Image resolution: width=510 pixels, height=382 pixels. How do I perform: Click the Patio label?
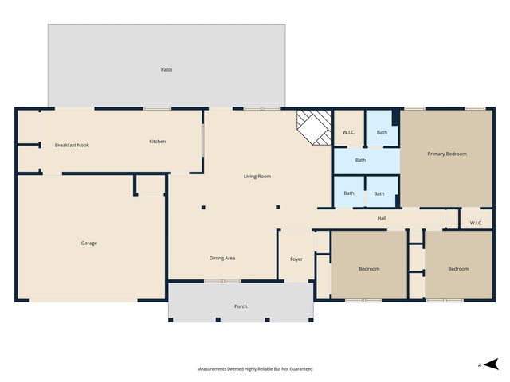click(x=166, y=70)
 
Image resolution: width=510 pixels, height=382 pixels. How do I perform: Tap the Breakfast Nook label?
click(x=71, y=145)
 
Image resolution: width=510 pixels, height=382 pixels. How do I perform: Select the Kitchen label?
click(x=158, y=142)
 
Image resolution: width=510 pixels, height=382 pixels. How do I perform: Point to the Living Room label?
click(x=257, y=176)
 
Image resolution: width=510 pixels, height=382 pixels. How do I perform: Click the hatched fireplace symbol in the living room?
click(x=314, y=127)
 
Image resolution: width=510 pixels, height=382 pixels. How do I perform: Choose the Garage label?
click(x=88, y=243)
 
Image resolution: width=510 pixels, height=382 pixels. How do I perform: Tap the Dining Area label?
click(x=222, y=258)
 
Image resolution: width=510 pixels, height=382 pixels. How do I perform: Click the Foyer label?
click(x=296, y=258)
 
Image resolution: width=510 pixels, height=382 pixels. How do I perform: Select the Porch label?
click(x=240, y=306)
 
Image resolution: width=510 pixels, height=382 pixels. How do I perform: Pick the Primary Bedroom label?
click(x=446, y=154)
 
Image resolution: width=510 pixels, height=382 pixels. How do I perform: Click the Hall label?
click(x=382, y=218)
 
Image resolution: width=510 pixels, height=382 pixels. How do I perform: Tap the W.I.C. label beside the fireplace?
click(x=349, y=132)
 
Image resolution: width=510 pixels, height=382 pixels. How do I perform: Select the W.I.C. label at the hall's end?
click(x=476, y=222)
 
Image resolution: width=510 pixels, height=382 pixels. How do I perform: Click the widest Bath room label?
click(x=361, y=160)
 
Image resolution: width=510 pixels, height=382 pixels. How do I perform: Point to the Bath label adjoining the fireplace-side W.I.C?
click(x=382, y=132)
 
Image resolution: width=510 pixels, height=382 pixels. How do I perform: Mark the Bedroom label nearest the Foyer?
click(x=369, y=269)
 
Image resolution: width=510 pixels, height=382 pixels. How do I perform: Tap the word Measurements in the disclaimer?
click(x=214, y=369)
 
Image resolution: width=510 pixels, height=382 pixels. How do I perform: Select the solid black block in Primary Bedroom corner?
click(x=395, y=116)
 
